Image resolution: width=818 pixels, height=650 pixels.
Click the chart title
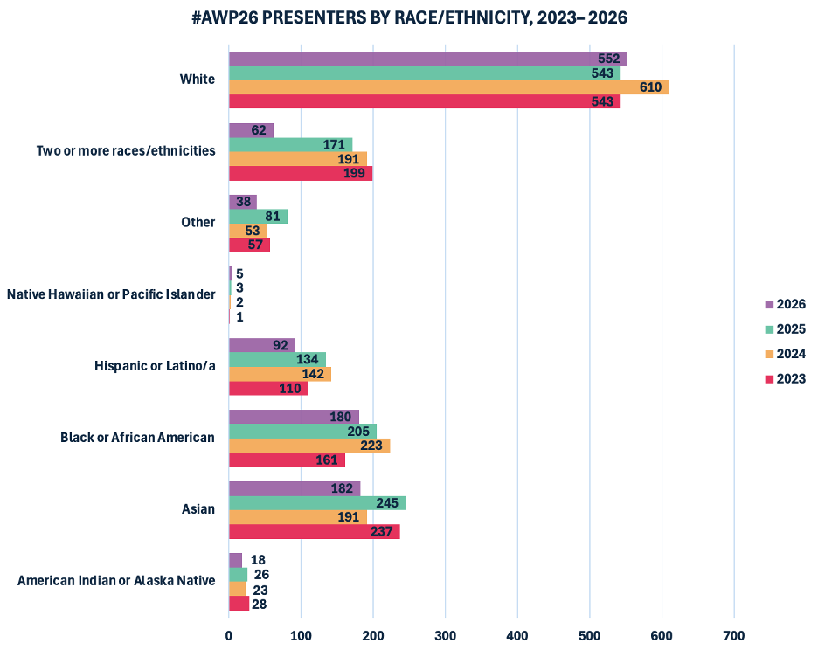[409, 17]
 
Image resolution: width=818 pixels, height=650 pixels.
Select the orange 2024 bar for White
[448, 87]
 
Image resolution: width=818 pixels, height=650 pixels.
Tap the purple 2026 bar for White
[427, 59]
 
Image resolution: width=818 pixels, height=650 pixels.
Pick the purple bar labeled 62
[251, 130]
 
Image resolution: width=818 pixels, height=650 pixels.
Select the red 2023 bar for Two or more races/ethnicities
[300, 174]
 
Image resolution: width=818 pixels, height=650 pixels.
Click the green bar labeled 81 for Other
[258, 217]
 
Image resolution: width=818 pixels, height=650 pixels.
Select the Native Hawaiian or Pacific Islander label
[111, 294]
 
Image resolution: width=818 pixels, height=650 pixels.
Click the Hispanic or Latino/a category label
[155, 365]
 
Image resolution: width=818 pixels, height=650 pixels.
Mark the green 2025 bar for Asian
[317, 503]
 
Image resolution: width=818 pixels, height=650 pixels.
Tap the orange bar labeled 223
[308, 446]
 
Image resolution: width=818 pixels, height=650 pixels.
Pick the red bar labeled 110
[268, 388]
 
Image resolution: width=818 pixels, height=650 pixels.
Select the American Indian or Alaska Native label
[116, 580]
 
